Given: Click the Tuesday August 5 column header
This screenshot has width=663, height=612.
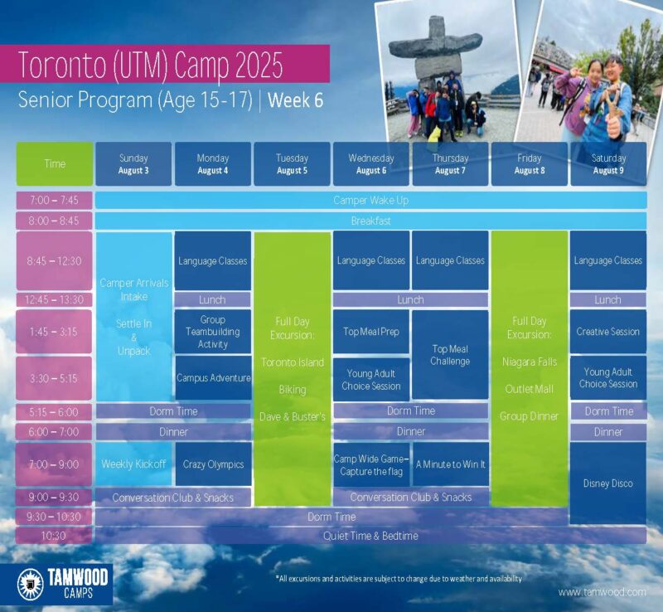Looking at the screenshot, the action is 292,164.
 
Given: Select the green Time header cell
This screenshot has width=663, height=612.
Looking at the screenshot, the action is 55,164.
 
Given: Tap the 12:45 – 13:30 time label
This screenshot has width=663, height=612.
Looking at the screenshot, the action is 54,299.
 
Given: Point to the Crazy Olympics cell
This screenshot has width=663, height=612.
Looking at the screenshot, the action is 214,464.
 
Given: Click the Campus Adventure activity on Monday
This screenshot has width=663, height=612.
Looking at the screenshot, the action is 214,378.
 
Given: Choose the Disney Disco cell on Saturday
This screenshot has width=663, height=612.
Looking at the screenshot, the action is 608,483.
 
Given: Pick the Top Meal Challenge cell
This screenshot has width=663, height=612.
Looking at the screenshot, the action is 450,355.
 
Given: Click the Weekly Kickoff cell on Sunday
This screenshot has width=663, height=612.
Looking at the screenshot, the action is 133,464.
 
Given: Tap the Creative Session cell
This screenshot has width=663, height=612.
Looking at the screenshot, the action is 608,332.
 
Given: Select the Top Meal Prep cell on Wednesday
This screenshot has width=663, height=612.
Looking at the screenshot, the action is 370,332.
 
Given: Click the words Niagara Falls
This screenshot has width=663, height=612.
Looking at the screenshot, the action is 530,362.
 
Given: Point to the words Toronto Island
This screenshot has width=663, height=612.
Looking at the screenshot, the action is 293,362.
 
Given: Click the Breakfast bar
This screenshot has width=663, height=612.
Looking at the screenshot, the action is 370,221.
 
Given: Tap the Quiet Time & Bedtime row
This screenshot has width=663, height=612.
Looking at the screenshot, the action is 370,536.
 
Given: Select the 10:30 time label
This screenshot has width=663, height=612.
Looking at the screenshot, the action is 54,536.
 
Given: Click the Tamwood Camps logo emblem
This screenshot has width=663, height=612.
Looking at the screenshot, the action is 31,585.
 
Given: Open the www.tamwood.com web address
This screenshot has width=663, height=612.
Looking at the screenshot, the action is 602,592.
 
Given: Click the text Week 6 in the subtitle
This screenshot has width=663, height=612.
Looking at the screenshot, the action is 295,100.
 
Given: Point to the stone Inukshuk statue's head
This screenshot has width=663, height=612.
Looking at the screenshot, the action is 434,27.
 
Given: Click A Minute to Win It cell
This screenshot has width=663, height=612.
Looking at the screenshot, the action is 450,464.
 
